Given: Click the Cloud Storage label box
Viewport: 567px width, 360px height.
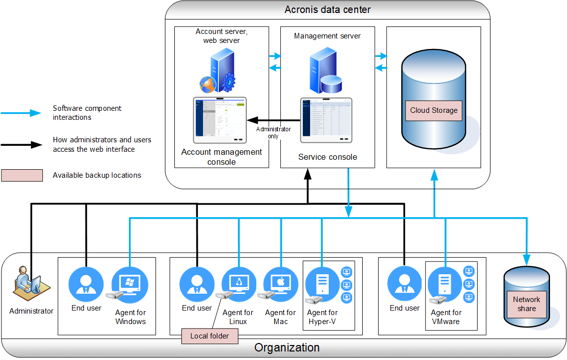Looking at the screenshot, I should point(434,110).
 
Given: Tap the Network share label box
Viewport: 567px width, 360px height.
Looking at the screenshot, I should point(527,304).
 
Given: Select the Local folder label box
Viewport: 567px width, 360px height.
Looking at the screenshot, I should point(209,336).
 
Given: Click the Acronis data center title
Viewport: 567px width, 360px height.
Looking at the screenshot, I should point(327,9).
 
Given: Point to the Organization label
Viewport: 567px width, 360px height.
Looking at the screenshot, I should point(287,348).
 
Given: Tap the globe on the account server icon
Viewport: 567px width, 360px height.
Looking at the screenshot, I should point(207,84).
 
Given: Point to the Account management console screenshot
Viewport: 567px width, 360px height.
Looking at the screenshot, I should point(220,120).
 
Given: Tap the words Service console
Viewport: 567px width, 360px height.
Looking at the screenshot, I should point(328,157).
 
